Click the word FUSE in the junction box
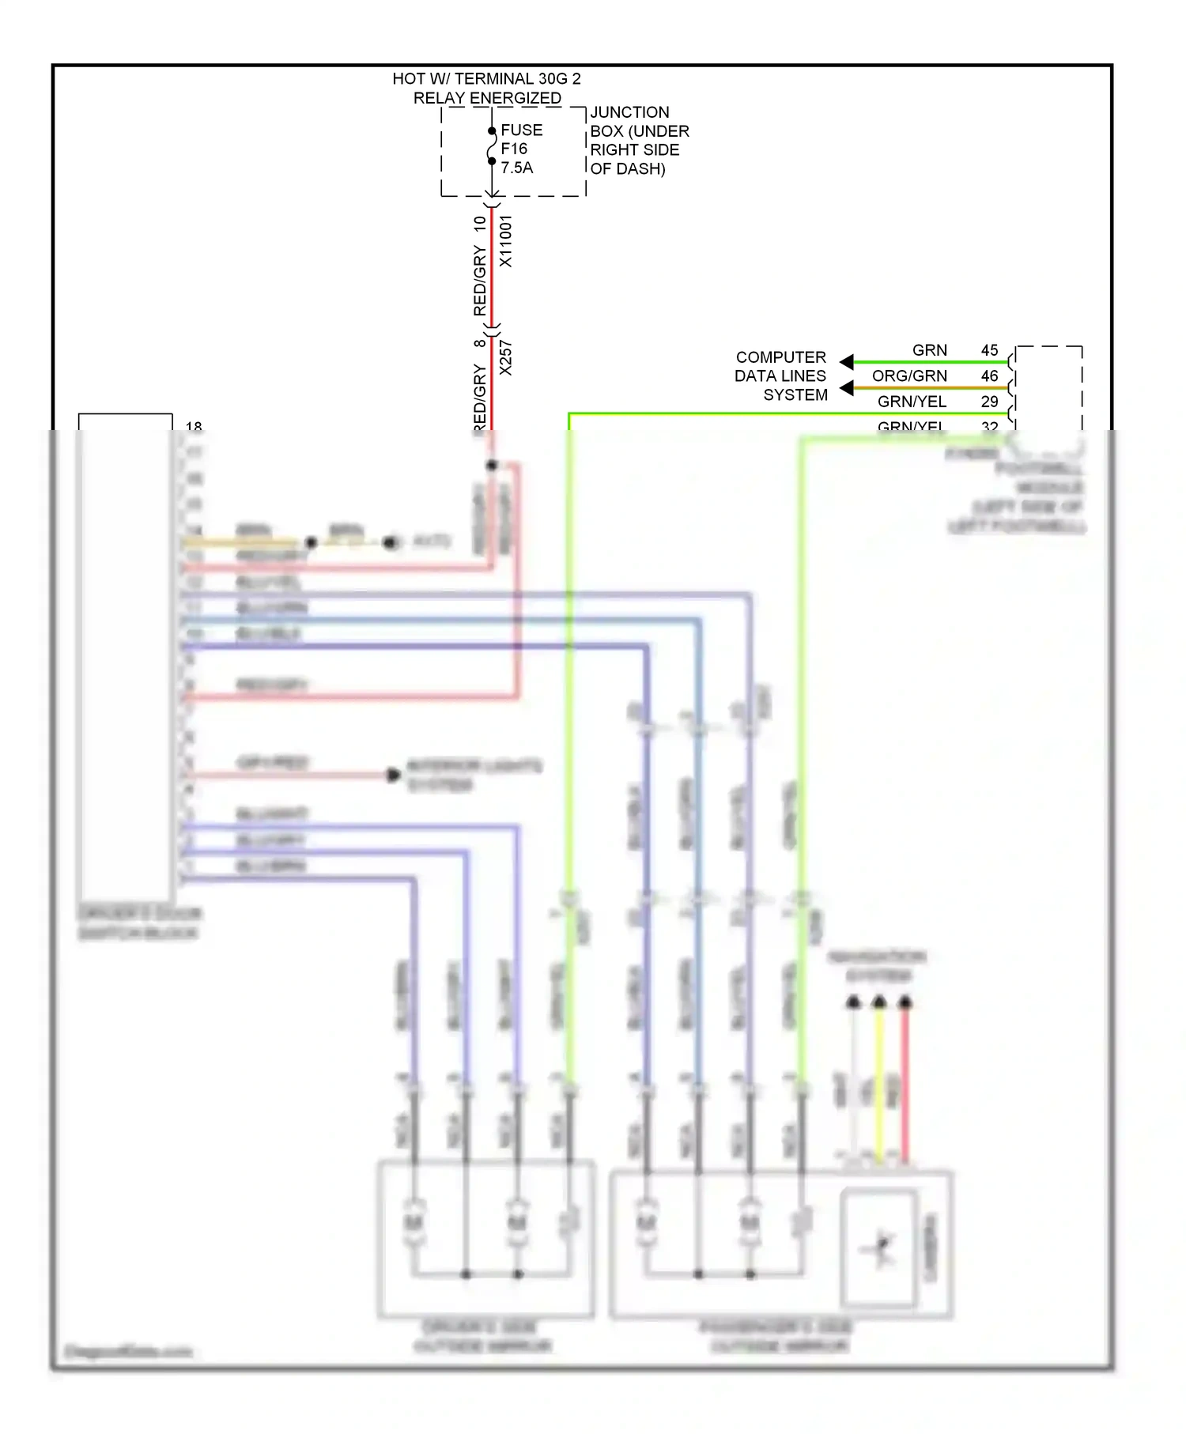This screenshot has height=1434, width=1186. click(x=521, y=130)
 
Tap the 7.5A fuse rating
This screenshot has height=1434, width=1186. click(x=516, y=168)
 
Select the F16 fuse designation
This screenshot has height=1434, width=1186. click(x=513, y=149)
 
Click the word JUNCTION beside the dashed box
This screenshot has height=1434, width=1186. click(x=629, y=112)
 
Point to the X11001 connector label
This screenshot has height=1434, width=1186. click(x=506, y=241)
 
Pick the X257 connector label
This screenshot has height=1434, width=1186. click(x=506, y=358)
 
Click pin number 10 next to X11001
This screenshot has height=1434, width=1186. click(x=480, y=224)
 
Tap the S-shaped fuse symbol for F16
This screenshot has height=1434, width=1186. click(x=492, y=146)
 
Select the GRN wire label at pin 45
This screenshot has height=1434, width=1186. click(x=929, y=350)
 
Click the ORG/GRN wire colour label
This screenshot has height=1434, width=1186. click(x=909, y=376)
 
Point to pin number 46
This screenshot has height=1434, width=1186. click(x=989, y=376)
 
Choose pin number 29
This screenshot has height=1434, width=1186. click(x=989, y=402)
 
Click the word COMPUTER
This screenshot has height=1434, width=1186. click(x=780, y=357)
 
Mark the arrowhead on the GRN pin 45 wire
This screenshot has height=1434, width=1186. click(x=847, y=362)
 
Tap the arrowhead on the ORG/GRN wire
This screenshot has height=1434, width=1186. click(x=847, y=388)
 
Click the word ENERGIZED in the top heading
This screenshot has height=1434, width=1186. click(x=516, y=98)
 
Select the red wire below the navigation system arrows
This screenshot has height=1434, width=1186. click(x=905, y=1083)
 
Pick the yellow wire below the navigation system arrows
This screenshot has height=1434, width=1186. click(x=879, y=1083)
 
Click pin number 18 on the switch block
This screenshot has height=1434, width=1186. click(x=194, y=426)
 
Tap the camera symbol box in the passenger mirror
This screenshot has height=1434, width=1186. click(x=878, y=1248)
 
